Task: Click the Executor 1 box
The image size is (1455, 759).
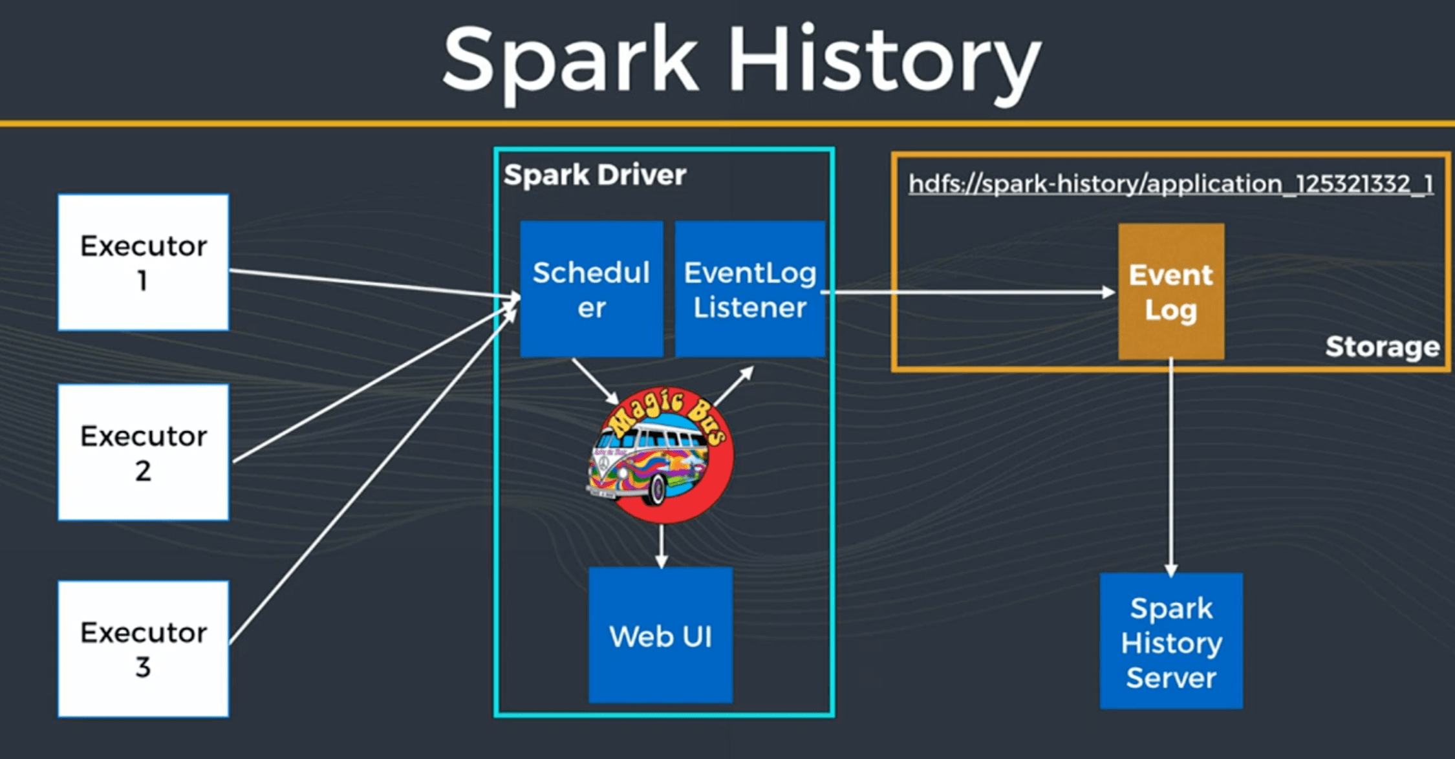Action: click(x=143, y=262)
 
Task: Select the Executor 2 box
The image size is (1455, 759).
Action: click(x=143, y=453)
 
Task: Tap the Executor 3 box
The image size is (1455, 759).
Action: click(x=143, y=648)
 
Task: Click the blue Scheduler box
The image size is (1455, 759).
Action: click(x=591, y=289)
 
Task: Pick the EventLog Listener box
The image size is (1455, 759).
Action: click(x=749, y=289)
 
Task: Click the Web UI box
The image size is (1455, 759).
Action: click(x=660, y=636)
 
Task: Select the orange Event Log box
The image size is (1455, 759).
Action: click(x=1170, y=292)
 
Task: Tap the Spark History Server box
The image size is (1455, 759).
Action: click(x=1171, y=641)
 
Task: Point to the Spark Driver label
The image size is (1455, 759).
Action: click(x=594, y=175)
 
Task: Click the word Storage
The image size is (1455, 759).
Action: click(x=1382, y=347)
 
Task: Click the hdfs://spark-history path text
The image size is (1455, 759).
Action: click(x=1170, y=184)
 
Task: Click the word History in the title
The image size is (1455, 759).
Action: click(x=885, y=61)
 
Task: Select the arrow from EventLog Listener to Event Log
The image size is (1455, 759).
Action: click(x=970, y=292)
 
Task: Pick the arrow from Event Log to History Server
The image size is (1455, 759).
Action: click(x=1170, y=465)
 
